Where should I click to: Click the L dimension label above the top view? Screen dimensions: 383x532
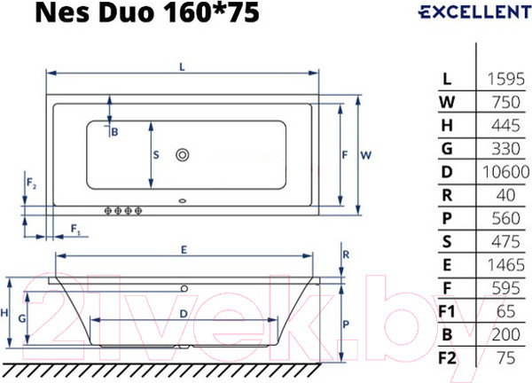pos(182,66)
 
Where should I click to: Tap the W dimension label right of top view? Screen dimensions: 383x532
pos(365,154)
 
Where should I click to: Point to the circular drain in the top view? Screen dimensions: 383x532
pos(184,155)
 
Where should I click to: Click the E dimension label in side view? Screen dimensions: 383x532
pos(183,250)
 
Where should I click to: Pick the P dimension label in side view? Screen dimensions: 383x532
pos(347,324)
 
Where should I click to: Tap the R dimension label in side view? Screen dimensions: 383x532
pos(346,254)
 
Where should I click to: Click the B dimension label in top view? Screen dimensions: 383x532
pos(114,131)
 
